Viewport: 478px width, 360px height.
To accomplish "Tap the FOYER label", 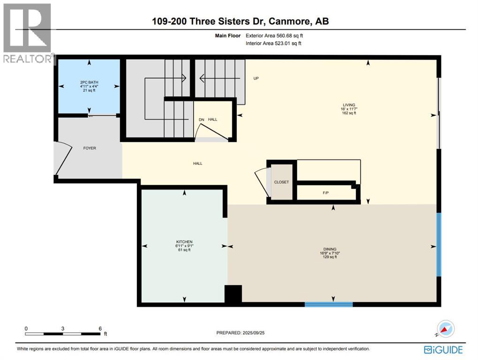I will pyautogui.click(x=89, y=148).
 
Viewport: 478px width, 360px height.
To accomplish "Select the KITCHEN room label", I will pyautogui.click(x=184, y=242).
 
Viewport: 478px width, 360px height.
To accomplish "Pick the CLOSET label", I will pyautogui.click(x=282, y=182).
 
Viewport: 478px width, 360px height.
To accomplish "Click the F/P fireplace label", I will pyautogui.click(x=326, y=192).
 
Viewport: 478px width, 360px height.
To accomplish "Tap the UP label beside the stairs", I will pyautogui.click(x=256, y=78).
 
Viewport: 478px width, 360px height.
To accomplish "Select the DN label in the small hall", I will pyautogui.click(x=202, y=120).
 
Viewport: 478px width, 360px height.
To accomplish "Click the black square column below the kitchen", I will pyautogui.click(x=233, y=294).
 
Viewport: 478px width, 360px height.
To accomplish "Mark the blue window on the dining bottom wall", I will pyautogui.click(x=328, y=304).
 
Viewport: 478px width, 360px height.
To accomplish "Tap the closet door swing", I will pyautogui.click(x=262, y=182).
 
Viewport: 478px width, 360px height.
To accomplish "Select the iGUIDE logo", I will pyautogui.click(x=443, y=350).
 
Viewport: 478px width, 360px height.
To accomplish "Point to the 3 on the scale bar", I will pyautogui.click(x=62, y=329).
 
